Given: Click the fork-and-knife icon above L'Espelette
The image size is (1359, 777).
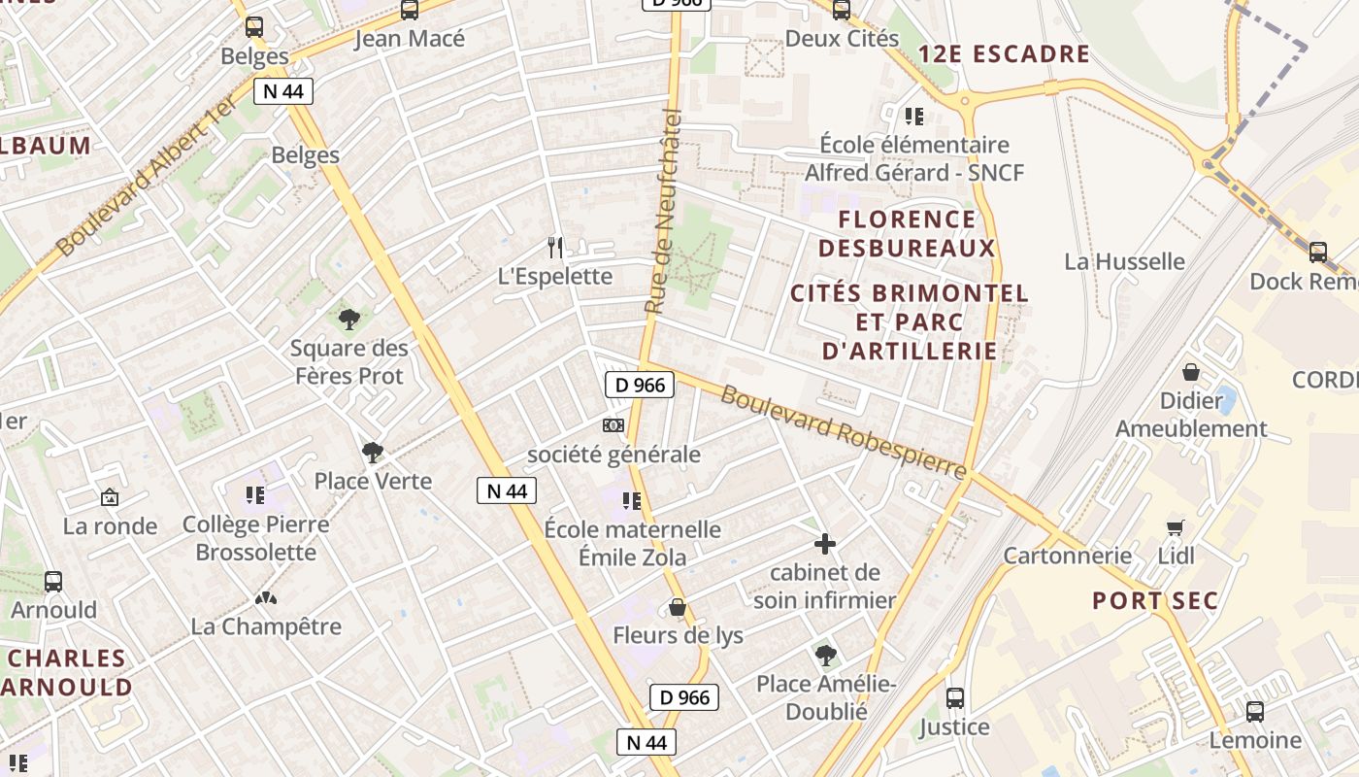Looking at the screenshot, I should pos(554,248).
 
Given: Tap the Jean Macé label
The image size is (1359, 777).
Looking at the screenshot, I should pos(410,39).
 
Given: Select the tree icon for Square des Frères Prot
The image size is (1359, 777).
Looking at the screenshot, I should pos(348,319).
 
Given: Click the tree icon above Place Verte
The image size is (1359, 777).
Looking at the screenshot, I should pos(372,452).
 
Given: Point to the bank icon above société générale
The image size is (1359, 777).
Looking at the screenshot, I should pos(613,425).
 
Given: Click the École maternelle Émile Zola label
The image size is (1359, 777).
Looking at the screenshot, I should pos(632,543).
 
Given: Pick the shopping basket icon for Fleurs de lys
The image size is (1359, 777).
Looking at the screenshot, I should pos(678,608).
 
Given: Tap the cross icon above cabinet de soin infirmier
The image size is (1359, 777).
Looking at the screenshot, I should pos(824,544).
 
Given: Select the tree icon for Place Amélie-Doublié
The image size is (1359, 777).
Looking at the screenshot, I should pos(825,656).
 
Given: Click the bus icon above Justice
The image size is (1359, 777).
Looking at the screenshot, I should pos(954,698).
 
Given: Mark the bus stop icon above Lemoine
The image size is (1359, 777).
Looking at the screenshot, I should pos(1254,712).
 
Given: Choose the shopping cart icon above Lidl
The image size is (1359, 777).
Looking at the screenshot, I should pos(1176,527).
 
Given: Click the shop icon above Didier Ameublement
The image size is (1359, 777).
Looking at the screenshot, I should pos(1190,372).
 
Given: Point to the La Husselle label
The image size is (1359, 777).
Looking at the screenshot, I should pos(1124,261).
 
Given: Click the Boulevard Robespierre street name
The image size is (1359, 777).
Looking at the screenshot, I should pos(844,433).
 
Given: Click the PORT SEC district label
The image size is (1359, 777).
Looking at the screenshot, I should pos(1154,600).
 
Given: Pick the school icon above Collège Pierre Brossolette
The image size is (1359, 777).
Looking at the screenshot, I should pos(255,496).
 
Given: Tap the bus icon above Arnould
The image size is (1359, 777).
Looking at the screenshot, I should pos(53,582).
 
